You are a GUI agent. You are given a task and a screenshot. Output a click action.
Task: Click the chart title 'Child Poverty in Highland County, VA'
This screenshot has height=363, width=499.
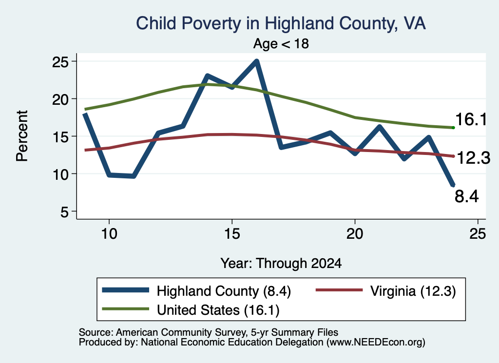tap(281, 24)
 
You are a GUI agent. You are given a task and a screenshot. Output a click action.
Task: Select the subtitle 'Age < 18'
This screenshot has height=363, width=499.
tap(281, 43)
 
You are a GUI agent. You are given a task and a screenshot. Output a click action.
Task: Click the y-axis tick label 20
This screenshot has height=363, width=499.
tap(60, 99)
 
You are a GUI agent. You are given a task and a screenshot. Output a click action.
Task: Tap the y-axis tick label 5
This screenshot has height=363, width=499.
tap(64, 211)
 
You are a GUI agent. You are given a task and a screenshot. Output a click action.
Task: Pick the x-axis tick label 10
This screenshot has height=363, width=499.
tap(109, 234)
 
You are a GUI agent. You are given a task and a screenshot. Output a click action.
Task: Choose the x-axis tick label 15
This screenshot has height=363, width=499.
tap(232, 234)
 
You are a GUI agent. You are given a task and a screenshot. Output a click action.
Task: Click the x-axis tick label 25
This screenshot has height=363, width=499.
tap(478, 234)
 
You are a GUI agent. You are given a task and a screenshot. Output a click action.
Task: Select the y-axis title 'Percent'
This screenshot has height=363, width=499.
tap(22, 136)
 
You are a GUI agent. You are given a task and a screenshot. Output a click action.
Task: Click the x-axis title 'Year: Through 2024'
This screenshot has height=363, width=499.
tap(281, 264)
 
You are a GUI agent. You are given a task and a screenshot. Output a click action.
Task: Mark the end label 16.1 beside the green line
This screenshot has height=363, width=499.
tap(471, 120)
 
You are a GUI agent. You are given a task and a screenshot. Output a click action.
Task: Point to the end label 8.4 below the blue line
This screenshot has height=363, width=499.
tap(466, 196)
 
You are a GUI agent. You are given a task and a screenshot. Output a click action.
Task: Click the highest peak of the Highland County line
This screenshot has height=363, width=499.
tap(256, 61)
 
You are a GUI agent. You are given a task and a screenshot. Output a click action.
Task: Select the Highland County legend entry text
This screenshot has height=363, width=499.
tap(224, 291)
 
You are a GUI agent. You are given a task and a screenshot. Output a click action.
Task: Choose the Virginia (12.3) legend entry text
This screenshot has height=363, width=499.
tap(413, 291)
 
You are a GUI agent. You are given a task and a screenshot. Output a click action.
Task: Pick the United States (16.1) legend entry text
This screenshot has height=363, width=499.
tap(218, 310)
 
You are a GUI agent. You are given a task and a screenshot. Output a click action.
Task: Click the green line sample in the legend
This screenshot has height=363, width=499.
tap(125, 309)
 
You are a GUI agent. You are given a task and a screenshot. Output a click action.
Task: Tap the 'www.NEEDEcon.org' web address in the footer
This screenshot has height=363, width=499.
tap(376, 343)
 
